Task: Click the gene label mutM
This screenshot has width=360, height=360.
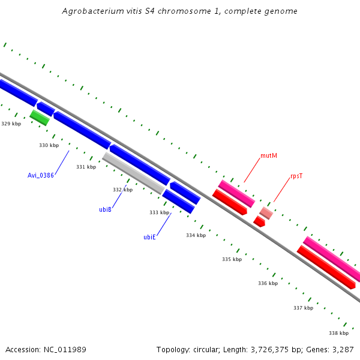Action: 269,156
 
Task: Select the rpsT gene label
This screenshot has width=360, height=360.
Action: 296,176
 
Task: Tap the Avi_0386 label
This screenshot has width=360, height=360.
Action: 41,175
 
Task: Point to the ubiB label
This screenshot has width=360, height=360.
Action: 106,209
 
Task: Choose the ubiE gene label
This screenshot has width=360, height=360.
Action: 149,237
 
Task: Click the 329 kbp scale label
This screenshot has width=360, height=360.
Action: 11,124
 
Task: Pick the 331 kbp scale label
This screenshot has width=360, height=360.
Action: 86,167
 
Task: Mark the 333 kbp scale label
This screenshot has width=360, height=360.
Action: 159,212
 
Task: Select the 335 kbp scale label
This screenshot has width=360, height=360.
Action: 232,259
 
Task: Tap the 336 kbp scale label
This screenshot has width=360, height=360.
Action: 268,283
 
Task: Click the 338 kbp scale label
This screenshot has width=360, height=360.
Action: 338,333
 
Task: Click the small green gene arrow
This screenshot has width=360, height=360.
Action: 40,117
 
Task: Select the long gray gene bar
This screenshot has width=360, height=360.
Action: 134,173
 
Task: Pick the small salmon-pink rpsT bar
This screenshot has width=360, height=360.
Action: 266,212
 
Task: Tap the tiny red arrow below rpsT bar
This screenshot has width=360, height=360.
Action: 259,221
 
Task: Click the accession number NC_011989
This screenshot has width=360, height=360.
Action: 65,349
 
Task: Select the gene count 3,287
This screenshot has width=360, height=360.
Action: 343,349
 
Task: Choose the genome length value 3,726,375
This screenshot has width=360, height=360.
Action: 267,349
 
